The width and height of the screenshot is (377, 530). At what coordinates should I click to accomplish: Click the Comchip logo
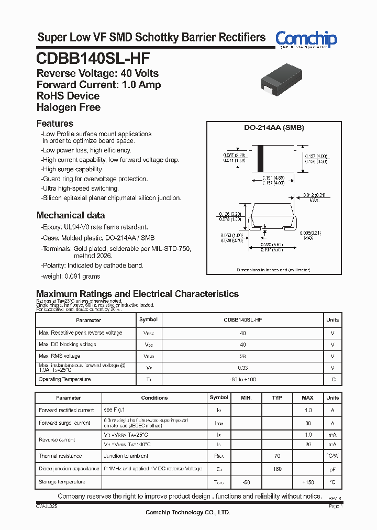pos(306,38)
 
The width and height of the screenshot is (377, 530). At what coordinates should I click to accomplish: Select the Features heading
pos(55,124)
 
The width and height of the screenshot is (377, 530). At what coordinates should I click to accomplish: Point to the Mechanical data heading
pos(71,215)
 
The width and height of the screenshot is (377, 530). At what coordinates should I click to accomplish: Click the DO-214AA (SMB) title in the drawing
pos(274,128)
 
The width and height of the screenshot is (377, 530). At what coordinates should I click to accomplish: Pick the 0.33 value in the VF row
pos(243,368)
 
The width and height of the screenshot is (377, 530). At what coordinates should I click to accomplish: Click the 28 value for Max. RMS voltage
pos(243,356)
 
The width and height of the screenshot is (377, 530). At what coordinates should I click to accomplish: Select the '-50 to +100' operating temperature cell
pos(243,379)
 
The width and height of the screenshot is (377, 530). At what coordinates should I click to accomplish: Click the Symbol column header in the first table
pos(148,319)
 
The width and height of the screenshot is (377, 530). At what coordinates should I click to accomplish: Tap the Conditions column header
pos(154,398)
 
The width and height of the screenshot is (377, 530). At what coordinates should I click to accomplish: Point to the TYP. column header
pos(277,398)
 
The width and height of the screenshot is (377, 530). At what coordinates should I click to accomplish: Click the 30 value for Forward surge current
pos(308,423)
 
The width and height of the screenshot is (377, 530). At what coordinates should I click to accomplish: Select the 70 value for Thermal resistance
pos(277,456)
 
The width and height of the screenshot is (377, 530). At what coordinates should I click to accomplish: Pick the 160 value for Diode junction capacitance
pos(277,469)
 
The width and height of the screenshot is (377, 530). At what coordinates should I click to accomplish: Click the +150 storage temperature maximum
pos(308,482)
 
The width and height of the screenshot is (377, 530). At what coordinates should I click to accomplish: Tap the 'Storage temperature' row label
pos(62,482)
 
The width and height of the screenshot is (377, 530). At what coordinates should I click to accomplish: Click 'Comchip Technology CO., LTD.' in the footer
pos(188,512)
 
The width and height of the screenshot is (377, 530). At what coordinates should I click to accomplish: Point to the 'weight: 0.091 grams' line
pos(71,276)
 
